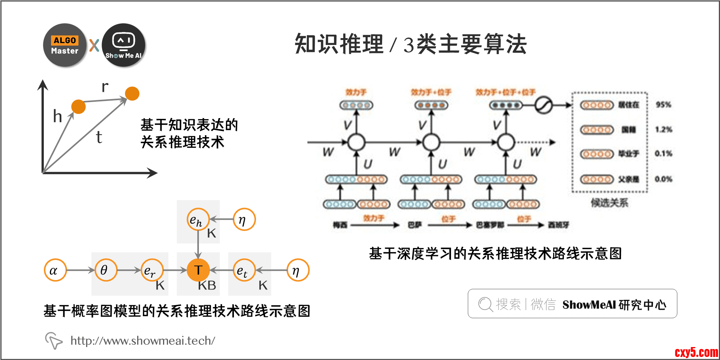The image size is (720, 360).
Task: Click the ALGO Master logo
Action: click(65, 45)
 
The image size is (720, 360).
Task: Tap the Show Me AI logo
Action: click(123, 45)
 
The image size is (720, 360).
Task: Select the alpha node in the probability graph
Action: click(55, 270)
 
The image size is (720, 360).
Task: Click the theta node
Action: click(106, 270)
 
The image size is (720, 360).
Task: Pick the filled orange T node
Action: click(198, 270)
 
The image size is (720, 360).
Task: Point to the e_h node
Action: click(198, 219)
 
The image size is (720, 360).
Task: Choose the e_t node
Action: click(244, 270)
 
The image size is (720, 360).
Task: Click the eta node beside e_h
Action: click(244, 219)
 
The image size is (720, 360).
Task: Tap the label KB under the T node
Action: click(207, 285)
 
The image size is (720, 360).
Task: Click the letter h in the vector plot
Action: click(58, 116)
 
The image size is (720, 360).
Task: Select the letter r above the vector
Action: click(105, 87)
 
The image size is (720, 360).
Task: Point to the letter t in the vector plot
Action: click(99, 137)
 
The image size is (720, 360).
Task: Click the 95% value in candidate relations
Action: click(663, 105)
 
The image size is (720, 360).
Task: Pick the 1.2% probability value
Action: click(664, 130)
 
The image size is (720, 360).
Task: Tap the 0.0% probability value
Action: click(664, 179)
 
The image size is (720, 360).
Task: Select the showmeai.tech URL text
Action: click(143, 341)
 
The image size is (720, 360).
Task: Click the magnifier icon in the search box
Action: click(485, 304)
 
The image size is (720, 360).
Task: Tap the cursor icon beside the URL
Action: click(54, 340)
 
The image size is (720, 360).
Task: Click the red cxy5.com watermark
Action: click(696, 352)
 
